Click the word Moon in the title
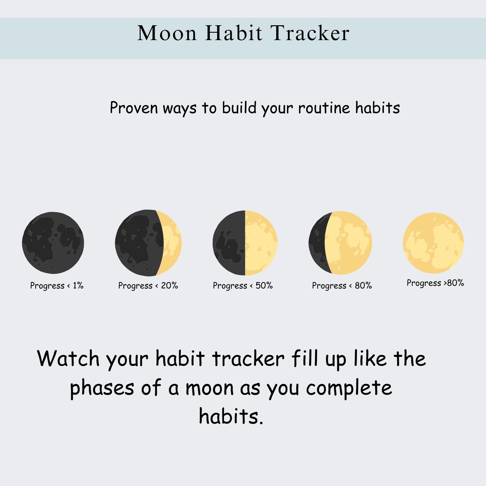point(167,33)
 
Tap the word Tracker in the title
point(310,33)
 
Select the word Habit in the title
point(234,33)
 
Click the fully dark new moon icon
point(53,243)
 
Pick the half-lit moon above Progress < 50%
point(245,243)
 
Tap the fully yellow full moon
point(434,243)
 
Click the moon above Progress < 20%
point(148,243)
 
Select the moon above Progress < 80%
point(340,243)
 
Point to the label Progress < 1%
point(57,285)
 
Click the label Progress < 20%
point(148,285)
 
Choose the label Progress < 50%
point(243,285)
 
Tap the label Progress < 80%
point(342,285)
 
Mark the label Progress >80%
point(435,283)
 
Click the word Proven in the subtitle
point(134,108)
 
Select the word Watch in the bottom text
point(68,358)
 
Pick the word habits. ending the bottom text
point(231,416)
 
